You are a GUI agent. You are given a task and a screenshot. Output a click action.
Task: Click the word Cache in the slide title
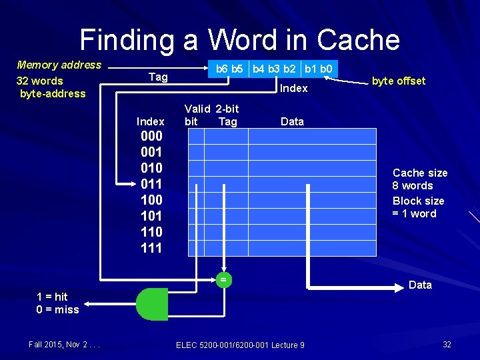pyautogui.click(x=358, y=39)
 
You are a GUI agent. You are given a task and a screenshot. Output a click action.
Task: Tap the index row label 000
pyautogui.click(x=151, y=136)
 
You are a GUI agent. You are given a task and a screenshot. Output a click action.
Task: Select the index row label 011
pyautogui.click(x=151, y=184)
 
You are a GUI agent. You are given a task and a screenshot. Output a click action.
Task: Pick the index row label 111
pyautogui.click(x=151, y=248)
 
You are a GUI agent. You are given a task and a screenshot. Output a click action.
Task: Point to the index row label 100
pyautogui.click(x=151, y=200)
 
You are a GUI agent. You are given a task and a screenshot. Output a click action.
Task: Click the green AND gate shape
pyautogui.click(x=152, y=304)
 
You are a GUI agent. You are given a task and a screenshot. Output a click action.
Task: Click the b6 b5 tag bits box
pyautogui.click(x=228, y=68)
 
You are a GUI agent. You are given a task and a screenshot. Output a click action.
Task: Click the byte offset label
pyautogui.click(x=399, y=81)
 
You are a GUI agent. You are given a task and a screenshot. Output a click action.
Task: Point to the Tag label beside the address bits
pyautogui.click(x=158, y=77)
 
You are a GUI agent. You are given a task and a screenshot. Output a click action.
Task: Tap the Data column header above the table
pyautogui.click(x=292, y=121)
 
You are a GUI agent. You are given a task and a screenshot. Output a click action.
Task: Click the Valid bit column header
pyautogui.click(x=193, y=115)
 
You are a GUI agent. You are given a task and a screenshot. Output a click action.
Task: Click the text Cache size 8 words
pyautogui.click(x=420, y=179)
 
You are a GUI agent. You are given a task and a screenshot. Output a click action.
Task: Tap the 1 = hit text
pyautogui.click(x=52, y=297)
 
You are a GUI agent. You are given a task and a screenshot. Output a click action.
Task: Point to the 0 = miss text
pyautogui.click(x=57, y=309)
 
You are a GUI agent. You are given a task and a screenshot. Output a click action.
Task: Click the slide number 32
pyautogui.click(x=447, y=345)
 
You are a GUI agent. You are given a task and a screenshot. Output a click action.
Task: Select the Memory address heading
pyautogui.click(x=59, y=65)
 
